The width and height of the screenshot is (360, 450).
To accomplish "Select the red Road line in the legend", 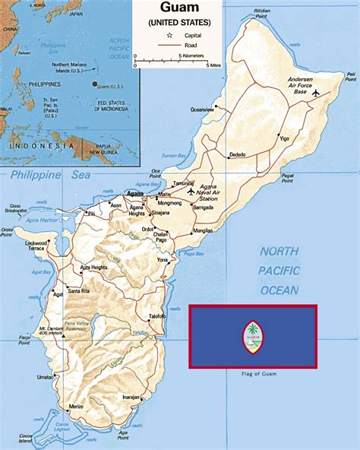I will point(167,45).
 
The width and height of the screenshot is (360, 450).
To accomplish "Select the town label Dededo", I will point(238,155).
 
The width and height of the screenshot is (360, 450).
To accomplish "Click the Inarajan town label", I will point(131,397).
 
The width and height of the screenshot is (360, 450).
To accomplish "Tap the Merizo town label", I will point(75,407).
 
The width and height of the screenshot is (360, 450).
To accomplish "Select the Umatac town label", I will point(46,377).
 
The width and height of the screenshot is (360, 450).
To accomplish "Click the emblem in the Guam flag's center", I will point(252,337).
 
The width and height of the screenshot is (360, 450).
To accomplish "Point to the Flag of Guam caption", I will point(253,373).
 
